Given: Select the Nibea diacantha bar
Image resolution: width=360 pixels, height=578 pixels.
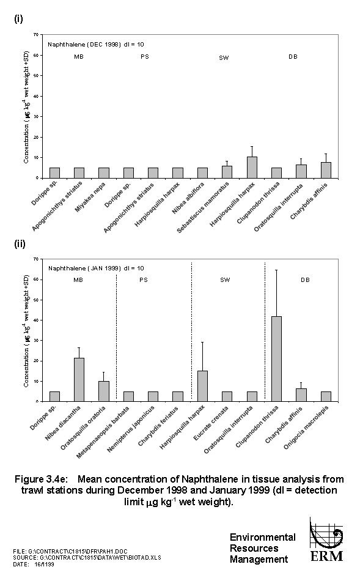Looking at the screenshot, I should [x=79, y=379].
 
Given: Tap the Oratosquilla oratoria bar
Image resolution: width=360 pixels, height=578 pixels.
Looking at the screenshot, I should [x=104, y=391].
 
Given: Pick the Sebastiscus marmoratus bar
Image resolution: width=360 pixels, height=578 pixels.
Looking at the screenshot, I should [x=227, y=172].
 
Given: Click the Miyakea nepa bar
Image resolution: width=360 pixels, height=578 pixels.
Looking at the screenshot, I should [x=104, y=172].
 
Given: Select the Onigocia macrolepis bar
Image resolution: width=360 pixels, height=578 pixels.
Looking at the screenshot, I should [x=325, y=396].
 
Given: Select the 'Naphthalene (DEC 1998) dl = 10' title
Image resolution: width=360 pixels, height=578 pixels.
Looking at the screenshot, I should [x=96, y=45].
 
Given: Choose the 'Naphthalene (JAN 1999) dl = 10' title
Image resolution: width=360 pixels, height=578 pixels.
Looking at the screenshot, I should [x=96, y=269].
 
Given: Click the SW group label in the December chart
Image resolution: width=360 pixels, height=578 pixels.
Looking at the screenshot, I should [x=224, y=58].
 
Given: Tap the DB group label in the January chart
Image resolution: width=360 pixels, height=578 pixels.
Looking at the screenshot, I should [x=305, y=281].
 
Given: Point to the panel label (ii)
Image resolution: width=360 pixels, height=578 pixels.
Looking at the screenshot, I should [x=19, y=243].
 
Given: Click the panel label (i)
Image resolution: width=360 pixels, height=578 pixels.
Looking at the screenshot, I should [x=18, y=18].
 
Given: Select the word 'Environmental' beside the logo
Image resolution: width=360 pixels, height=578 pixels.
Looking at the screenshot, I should [x=262, y=537].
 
